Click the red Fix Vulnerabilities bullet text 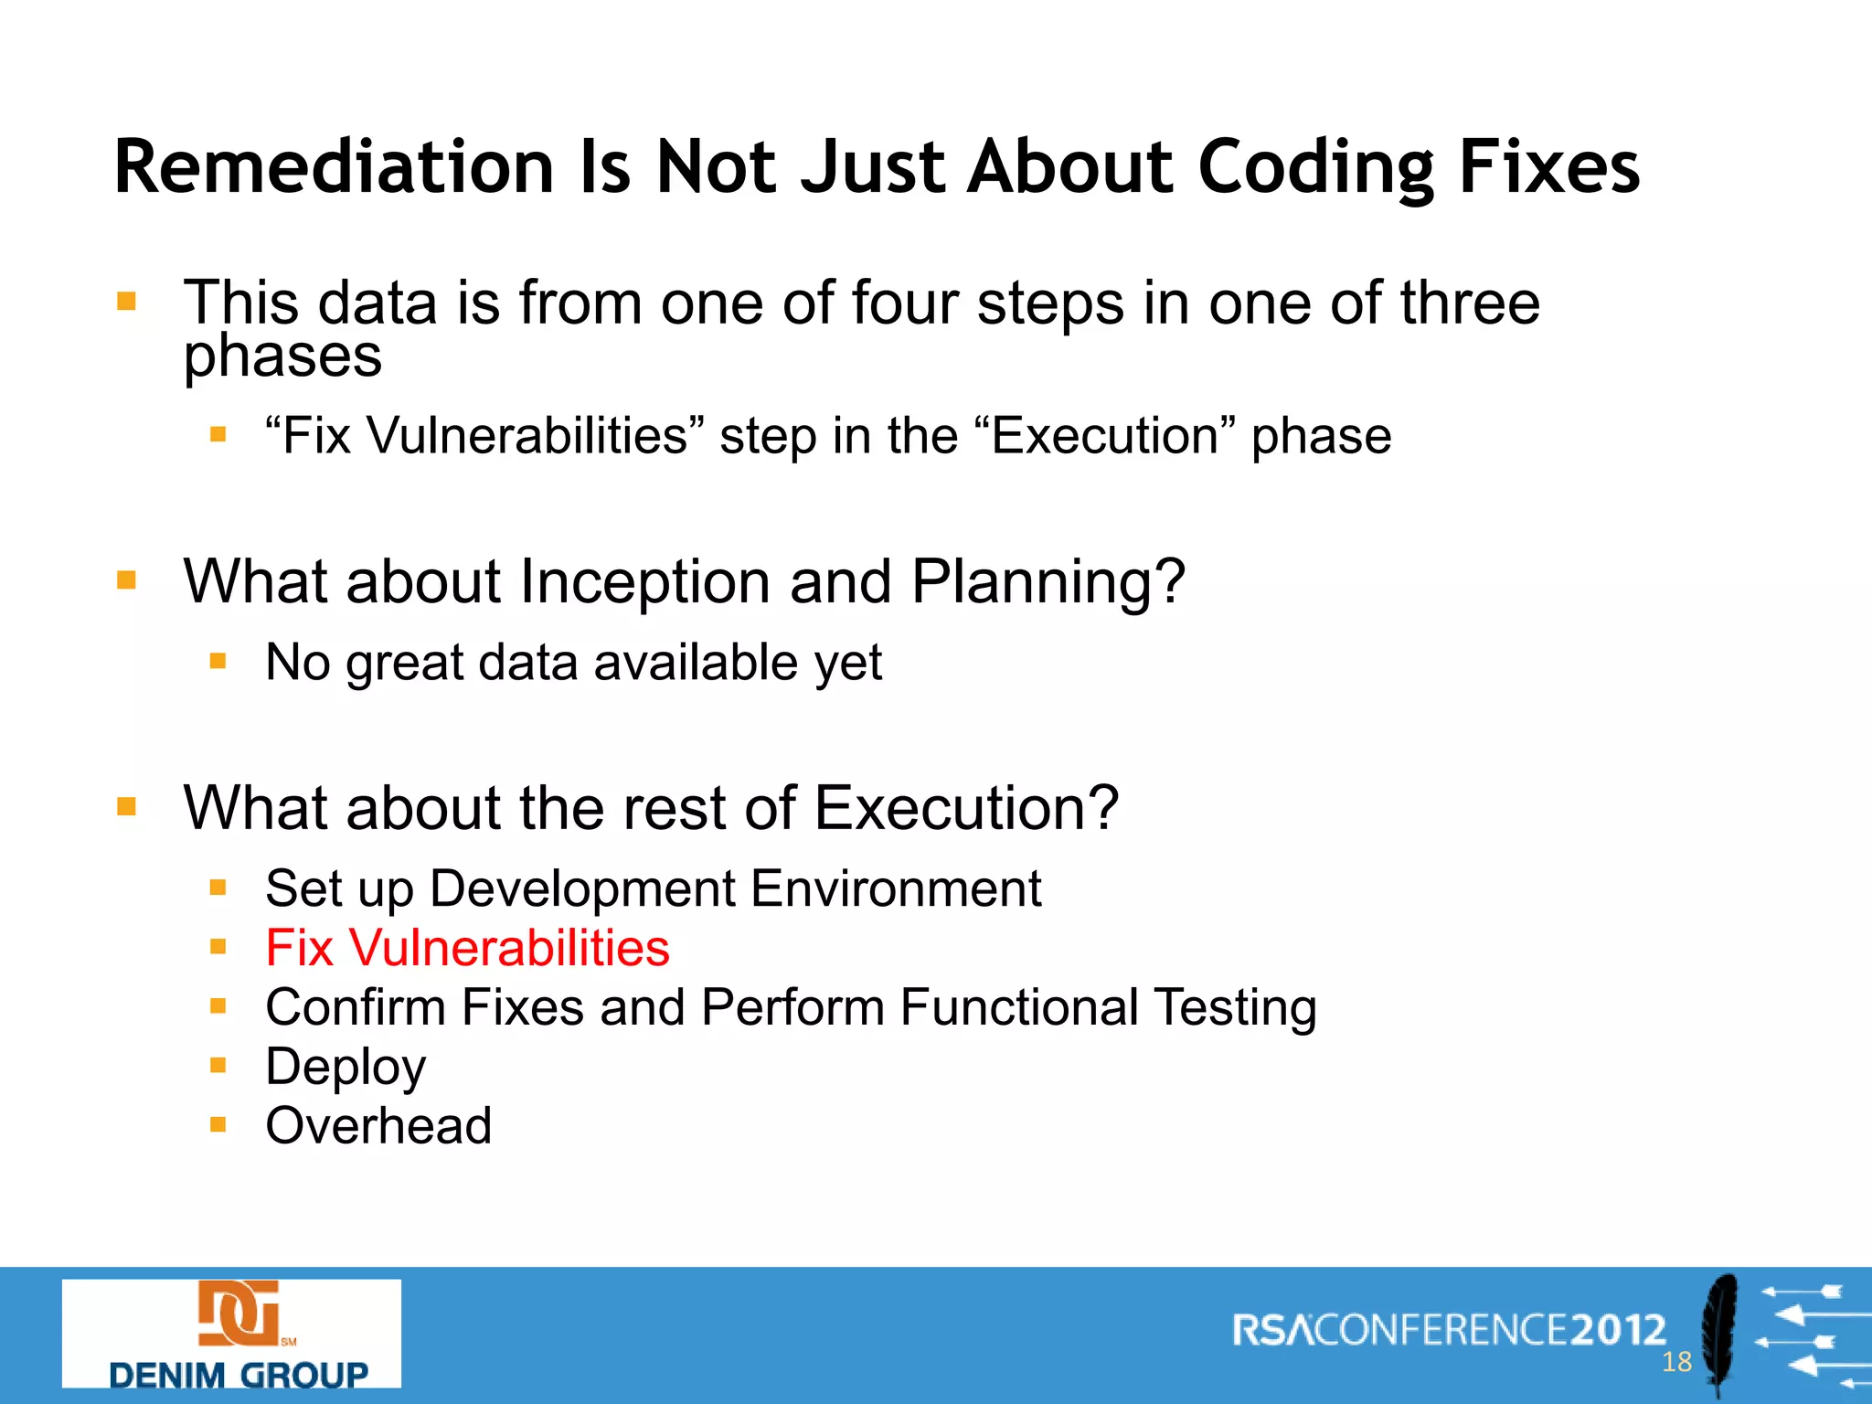click(467, 948)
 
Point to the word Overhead click(378, 1125)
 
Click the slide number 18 click(1676, 1362)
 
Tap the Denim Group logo click(231, 1334)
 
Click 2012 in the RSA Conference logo click(1618, 1329)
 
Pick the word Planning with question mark click(1048, 583)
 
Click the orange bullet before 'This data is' click(127, 302)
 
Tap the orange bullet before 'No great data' click(218, 661)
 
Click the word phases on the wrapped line click(282, 356)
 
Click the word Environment click(896, 888)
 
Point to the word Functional click(1018, 1007)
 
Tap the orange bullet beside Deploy click(218, 1066)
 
